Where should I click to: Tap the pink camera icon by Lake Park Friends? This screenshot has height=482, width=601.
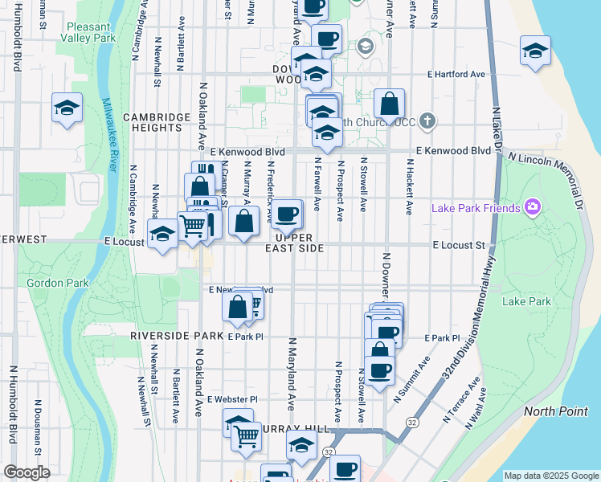[x=532, y=208]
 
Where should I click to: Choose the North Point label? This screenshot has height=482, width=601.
[x=551, y=411]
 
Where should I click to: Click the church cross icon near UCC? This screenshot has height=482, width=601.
[x=427, y=122]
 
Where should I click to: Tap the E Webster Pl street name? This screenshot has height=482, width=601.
[x=232, y=399]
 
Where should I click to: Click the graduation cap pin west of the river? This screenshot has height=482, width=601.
[x=67, y=108]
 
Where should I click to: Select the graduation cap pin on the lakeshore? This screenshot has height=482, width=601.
[x=535, y=51]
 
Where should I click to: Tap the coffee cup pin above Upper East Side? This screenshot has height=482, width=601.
[x=287, y=214]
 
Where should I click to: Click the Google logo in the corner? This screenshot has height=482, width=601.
[x=27, y=472]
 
